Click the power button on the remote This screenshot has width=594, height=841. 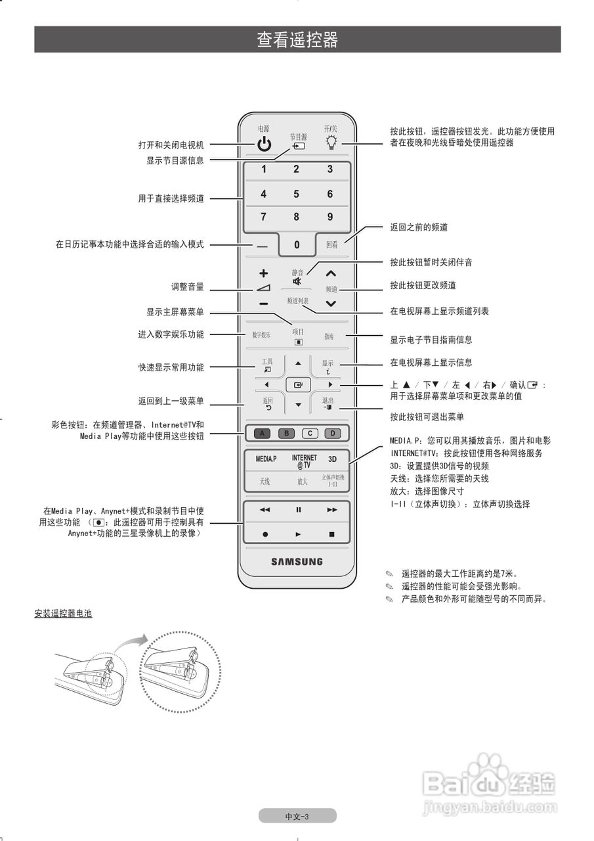[x=264, y=145]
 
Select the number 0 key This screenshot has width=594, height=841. [x=297, y=244]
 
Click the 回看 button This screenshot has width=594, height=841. [x=332, y=244]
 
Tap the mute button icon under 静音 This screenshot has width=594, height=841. [x=298, y=281]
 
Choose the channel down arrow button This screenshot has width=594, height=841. [x=331, y=304]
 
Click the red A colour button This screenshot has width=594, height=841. [x=262, y=433]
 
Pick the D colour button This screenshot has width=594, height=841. [x=333, y=433]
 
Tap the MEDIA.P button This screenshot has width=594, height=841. [x=266, y=459]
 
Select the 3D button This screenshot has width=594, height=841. [x=332, y=459]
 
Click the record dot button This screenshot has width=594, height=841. [x=265, y=534]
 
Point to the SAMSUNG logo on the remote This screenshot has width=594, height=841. [x=297, y=562]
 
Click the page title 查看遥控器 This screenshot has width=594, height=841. [x=297, y=40]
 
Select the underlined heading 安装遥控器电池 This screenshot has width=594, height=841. [x=63, y=614]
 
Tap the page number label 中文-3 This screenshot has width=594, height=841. [x=297, y=816]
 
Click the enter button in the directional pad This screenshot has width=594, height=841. [x=298, y=385]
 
